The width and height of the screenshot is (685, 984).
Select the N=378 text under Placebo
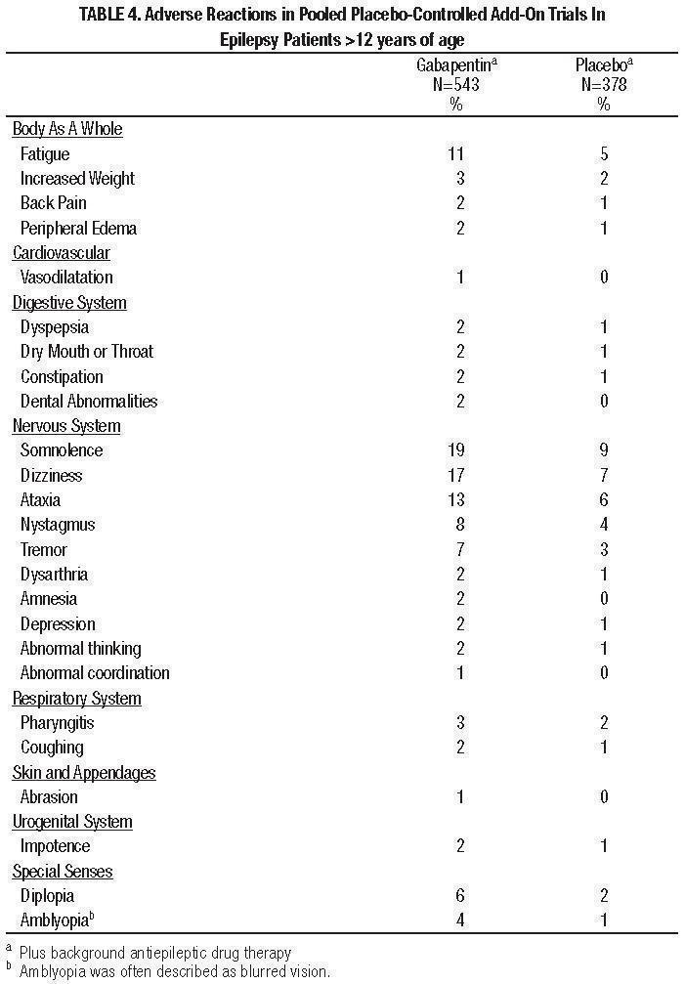point(603,85)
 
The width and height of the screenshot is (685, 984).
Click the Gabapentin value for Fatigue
point(455,153)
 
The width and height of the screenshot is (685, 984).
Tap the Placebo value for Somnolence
point(604,450)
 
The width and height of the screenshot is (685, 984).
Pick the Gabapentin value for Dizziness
point(455,476)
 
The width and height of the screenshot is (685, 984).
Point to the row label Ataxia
point(41,500)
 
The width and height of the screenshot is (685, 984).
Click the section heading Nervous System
point(66,426)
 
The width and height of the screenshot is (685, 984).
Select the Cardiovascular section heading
point(62,253)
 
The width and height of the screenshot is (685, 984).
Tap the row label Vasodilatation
point(66,278)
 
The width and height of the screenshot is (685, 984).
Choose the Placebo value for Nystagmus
point(604,525)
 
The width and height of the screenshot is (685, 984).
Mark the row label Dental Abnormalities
point(89,402)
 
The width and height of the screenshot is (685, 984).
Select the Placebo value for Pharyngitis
point(604,723)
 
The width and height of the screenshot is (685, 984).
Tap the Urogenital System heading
point(72,822)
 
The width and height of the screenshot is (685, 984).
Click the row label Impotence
point(55,846)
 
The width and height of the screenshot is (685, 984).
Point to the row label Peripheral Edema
point(78,229)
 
